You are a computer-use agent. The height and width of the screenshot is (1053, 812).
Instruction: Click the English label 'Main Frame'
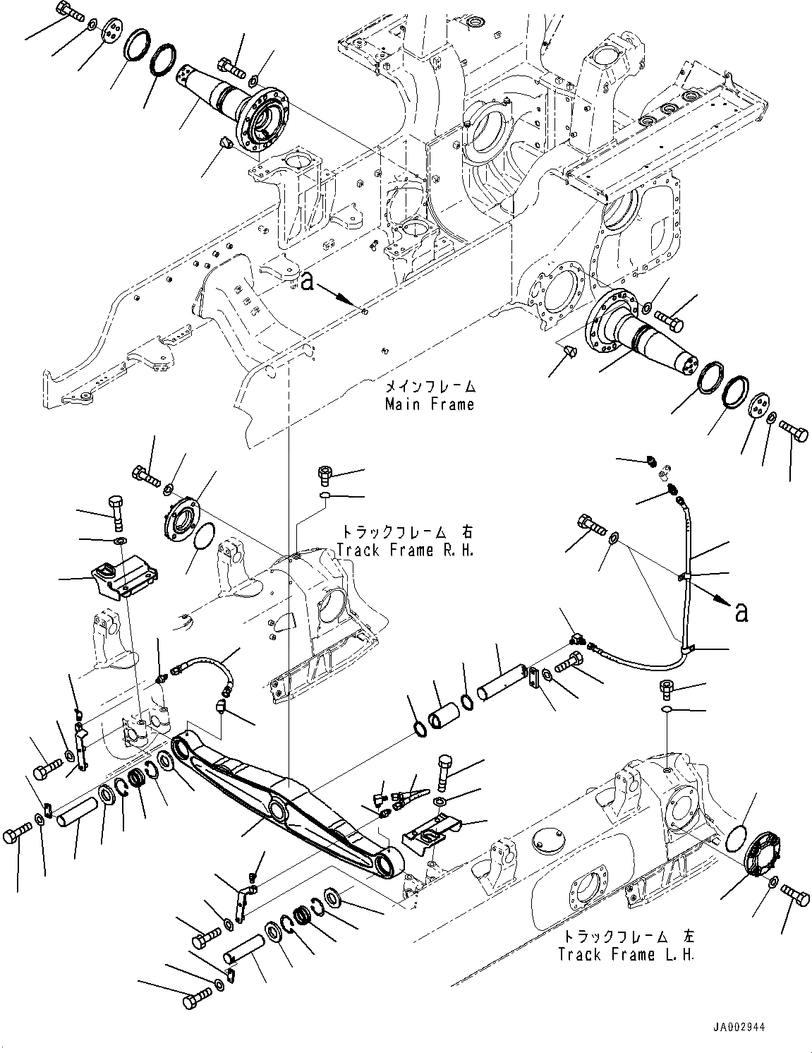pos(429,404)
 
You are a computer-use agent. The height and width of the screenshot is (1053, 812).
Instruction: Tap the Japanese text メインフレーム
pos(430,387)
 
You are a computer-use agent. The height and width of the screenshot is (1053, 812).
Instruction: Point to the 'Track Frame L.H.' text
pos(626,954)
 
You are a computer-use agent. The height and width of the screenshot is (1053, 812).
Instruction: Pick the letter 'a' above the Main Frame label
pos(305,283)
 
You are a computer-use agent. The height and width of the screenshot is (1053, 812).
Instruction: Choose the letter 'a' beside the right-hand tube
pos(741,612)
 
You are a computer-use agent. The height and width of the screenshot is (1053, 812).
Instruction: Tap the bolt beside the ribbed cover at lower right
pos(796,896)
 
